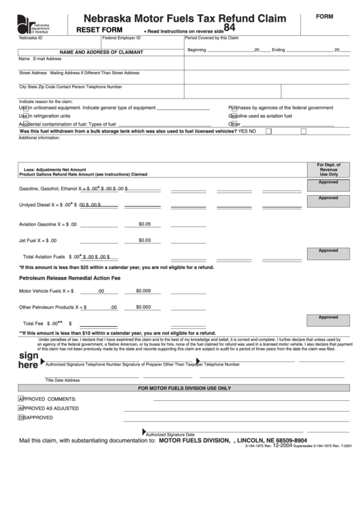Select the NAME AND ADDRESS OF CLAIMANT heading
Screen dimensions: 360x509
96,52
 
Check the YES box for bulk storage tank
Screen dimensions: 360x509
268,130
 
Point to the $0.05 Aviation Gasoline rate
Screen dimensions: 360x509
144,224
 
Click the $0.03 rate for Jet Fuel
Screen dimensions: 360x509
144,240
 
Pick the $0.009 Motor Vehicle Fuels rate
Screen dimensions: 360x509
143,291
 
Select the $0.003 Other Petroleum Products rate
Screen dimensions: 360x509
143,307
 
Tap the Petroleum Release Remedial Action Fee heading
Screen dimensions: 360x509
69,278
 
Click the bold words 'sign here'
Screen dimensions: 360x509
28,360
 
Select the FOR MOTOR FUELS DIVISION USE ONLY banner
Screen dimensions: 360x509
184,388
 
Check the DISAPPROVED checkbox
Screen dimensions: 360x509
21,418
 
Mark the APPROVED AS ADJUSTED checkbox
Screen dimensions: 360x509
21,408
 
